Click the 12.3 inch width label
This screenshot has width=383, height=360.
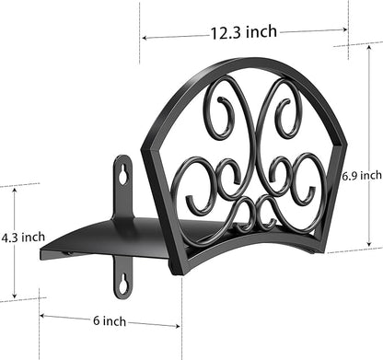(243, 32)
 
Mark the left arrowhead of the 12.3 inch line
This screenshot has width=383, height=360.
(145, 38)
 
